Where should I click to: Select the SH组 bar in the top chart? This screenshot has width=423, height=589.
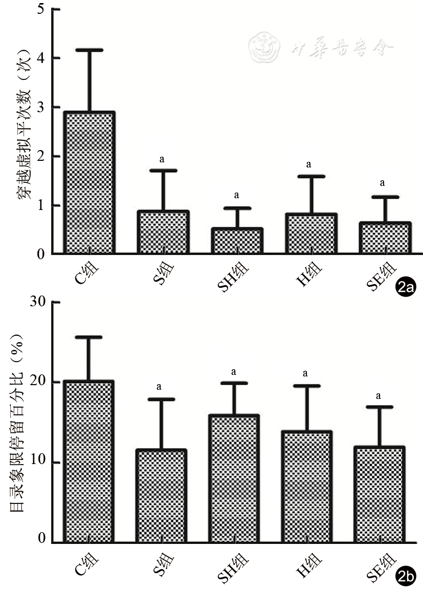[237, 240]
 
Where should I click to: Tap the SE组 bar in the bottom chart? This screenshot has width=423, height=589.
[383, 494]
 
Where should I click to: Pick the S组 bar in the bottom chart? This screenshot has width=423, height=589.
[161, 496]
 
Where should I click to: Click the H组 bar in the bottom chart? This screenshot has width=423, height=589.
[308, 487]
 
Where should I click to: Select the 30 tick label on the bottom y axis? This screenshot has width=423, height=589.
[37, 303]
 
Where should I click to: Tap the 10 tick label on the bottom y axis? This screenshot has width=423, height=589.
[37, 462]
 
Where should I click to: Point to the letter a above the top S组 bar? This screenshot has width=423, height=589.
[162, 159]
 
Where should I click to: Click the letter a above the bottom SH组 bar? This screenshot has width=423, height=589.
[234, 371]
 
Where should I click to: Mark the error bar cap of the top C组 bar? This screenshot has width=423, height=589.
[89, 50]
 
